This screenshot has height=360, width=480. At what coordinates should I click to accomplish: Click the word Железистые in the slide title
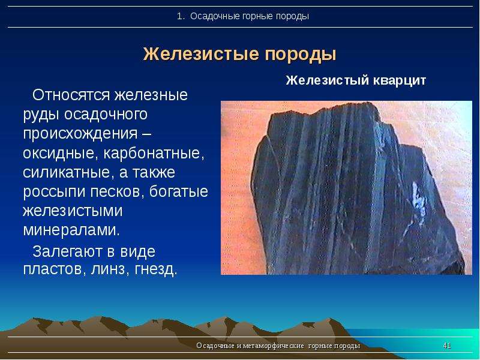pyautogui.click(x=201, y=55)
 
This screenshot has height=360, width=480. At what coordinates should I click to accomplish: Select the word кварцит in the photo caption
pyautogui.click(x=399, y=81)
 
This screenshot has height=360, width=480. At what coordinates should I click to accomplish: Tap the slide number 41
pyautogui.click(x=447, y=346)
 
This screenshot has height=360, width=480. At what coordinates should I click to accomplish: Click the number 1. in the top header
pyautogui.click(x=181, y=16)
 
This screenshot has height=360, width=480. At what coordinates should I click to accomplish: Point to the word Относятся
pyautogui.click(x=71, y=95)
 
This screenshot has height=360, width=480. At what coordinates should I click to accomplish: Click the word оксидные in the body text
pyautogui.click(x=59, y=153)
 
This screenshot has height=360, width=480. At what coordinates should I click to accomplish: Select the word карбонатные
pyautogui.click(x=154, y=153)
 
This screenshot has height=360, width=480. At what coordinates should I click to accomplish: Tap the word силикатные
pyautogui.click(x=66, y=172)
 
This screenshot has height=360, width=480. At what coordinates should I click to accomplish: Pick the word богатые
pyautogui.click(x=179, y=191)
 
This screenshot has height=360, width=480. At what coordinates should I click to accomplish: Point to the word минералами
pyautogui.click(x=71, y=230)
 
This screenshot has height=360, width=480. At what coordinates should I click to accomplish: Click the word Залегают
pyautogui.click(x=67, y=252)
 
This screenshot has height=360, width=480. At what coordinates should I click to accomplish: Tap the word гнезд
pyautogui.click(x=156, y=269)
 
